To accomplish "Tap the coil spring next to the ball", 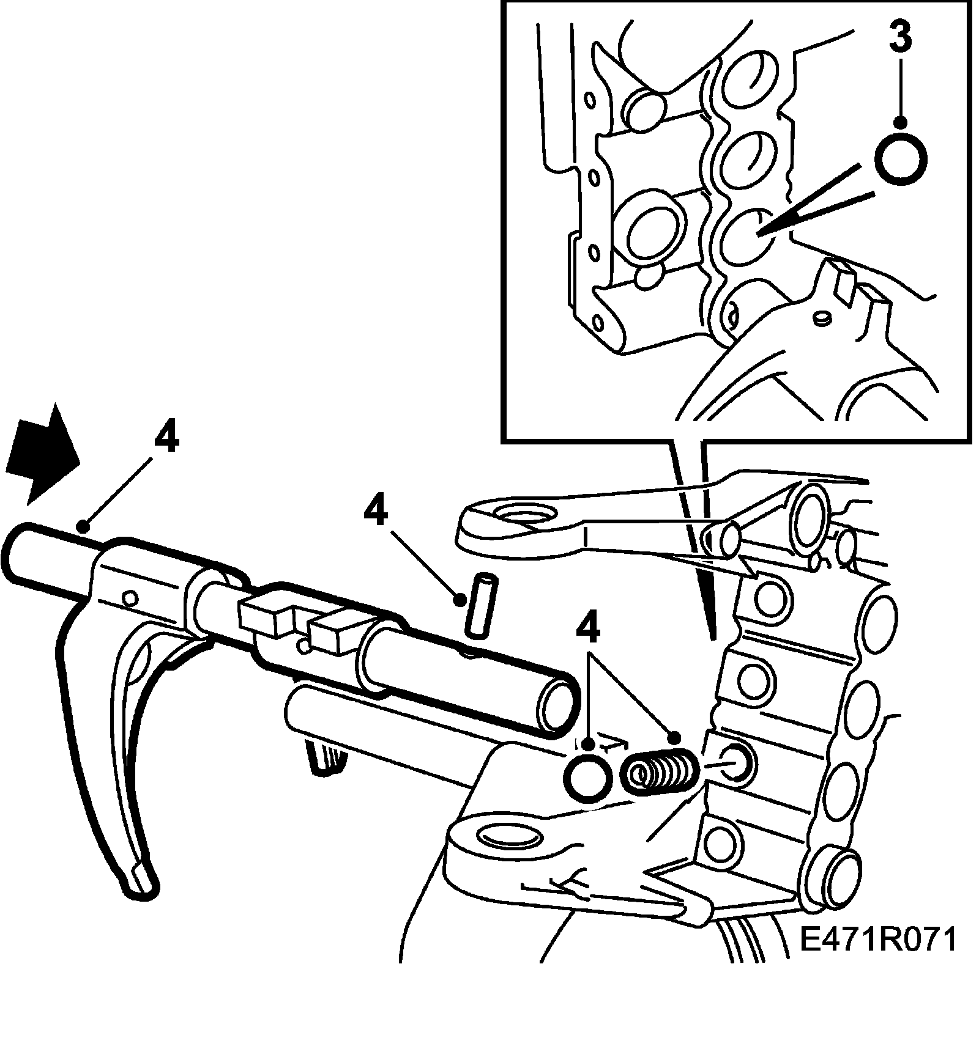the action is pyautogui.click(x=658, y=771).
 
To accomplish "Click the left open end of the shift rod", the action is pyautogui.click(x=21, y=553).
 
